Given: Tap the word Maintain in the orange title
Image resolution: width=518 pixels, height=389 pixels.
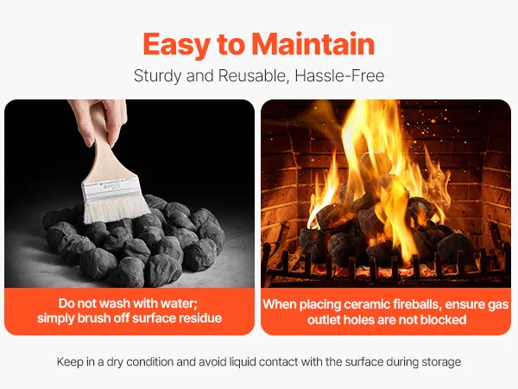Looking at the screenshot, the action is coord(313,44).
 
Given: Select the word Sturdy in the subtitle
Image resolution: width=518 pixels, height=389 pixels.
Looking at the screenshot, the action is coord(158,76).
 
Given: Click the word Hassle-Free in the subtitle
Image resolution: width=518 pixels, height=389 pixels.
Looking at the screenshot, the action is coord(339,76).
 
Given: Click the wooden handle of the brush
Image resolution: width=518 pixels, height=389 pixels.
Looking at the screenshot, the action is coord(106,152).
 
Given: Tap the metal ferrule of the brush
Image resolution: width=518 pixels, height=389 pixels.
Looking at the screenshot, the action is coord(111,189).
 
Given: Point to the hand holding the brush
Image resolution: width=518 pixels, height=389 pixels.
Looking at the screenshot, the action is coord(100,119).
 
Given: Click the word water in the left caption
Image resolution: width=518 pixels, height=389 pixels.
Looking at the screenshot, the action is coord(180,303).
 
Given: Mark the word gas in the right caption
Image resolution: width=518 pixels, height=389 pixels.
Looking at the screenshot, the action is coord(497,305).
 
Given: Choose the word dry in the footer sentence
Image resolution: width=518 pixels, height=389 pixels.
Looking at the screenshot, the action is coord(114,362).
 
